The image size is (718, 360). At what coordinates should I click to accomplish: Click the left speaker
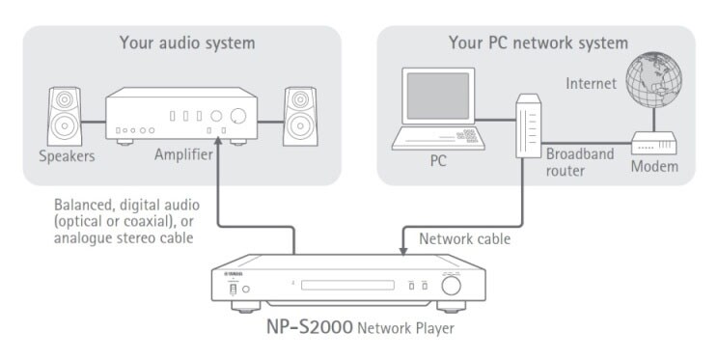click(65, 117)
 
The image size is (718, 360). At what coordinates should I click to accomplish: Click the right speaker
click(300, 117)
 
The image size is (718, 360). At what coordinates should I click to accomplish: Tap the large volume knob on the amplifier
click(238, 116)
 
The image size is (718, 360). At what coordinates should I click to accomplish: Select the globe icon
click(653, 79)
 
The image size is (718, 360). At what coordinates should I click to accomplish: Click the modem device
click(654, 143)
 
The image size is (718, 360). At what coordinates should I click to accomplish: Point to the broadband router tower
click(529, 126)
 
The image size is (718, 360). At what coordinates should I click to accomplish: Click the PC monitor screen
click(438, 96)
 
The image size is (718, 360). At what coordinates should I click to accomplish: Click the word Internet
click(592, 83)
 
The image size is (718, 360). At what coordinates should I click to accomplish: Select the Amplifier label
click(183, 154)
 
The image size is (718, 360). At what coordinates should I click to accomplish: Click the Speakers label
click(67, 156)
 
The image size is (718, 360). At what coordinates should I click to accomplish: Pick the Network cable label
click(465, 238)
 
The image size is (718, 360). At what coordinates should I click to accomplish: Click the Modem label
click(654, 166)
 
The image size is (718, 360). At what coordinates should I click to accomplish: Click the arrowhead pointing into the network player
click(403, 251)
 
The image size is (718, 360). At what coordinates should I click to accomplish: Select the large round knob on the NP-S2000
click(451, 286)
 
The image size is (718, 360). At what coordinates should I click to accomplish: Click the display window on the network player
click(347, 286)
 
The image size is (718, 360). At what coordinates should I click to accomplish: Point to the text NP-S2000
click(310, 327)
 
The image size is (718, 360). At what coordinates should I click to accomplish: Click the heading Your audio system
click(187, 43)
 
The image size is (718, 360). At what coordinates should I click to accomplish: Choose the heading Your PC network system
click(538, 43)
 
